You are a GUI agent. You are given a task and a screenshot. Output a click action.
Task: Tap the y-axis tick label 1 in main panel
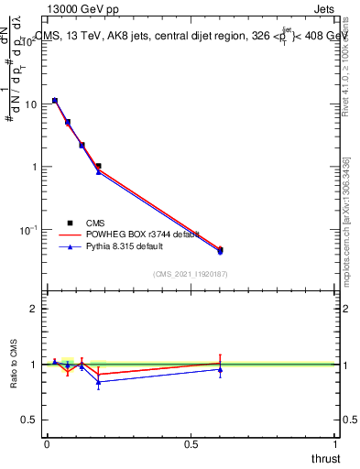[35, 167]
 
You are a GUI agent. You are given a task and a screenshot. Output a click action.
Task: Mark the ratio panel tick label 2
[35, 309]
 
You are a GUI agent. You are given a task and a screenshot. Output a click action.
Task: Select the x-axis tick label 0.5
[191, 444]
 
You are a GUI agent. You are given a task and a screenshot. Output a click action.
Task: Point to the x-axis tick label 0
[47, 444]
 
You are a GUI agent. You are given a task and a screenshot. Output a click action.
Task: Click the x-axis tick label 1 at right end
[335, 444]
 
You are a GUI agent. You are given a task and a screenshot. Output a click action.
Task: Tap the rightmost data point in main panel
[220, 250]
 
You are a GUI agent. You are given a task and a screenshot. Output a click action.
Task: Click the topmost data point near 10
[55, 101]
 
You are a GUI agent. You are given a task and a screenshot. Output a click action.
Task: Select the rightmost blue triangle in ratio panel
[220, 369]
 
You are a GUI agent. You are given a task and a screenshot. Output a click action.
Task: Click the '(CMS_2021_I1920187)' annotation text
[190, 274]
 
